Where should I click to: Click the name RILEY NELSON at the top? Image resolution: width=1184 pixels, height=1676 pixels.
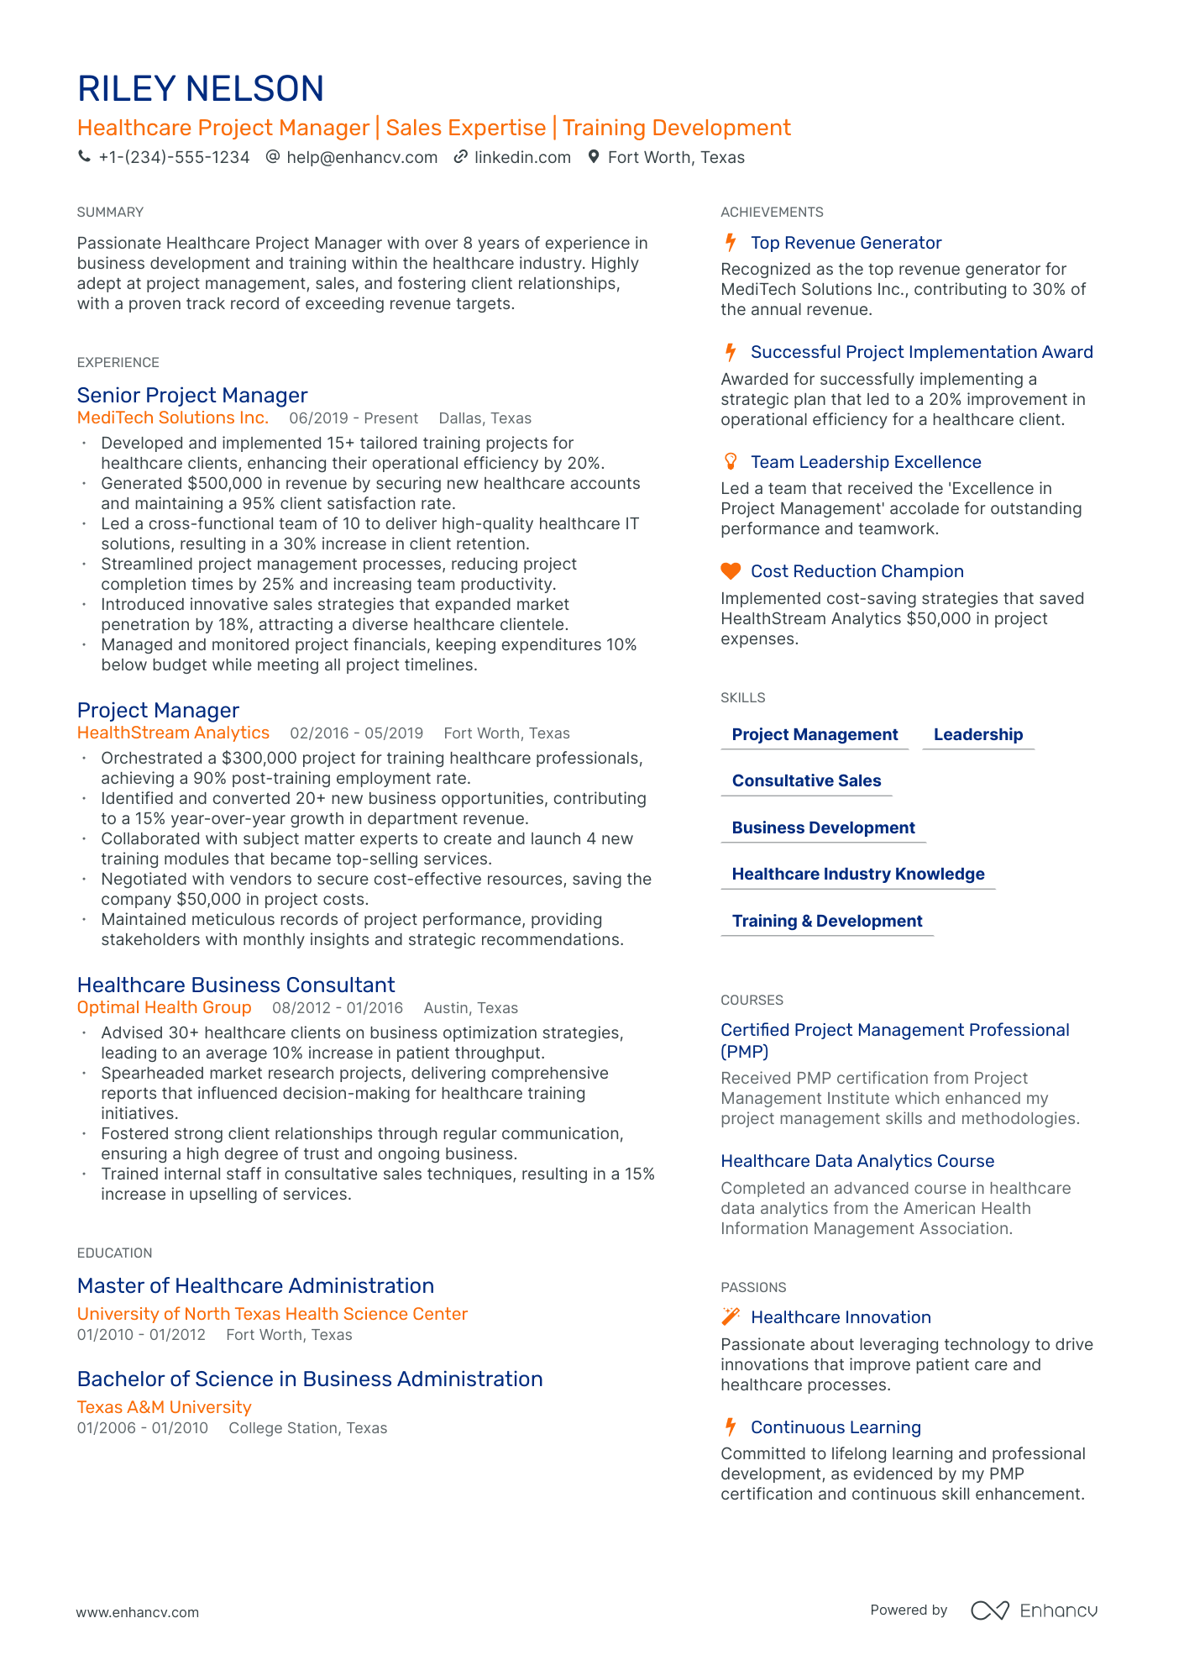(x=201, y=89)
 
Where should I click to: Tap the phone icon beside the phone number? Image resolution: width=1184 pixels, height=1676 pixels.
(x=84, y=156)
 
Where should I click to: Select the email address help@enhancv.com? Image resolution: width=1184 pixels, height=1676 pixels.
(x=362, y=157)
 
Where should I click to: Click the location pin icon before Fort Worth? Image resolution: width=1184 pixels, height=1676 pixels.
(x=594, y=156)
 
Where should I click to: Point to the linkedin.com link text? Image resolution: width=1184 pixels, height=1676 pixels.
(x=522, y=157)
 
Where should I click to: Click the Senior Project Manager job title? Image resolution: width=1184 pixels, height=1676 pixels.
(x=192, y=395)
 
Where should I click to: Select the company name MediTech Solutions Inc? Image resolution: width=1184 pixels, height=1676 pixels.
(x=173, y=418)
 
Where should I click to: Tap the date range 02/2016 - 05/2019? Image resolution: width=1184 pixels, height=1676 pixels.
(x=357, y=733)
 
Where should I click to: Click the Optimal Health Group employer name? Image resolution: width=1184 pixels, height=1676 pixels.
(x=165, y=1007)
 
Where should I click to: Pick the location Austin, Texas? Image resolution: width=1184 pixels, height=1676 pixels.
(x=471, y=1008)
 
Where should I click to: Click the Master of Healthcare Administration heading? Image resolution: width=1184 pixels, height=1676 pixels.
(x=255, y=1285)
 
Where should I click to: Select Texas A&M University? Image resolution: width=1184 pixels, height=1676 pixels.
(x=165, y=1406)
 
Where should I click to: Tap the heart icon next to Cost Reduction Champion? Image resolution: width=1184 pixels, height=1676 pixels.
(x=731, y=571)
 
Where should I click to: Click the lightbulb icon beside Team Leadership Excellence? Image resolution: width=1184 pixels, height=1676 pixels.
(x=731, y=461)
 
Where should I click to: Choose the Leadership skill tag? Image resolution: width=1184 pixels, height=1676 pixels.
(x=978, y=734)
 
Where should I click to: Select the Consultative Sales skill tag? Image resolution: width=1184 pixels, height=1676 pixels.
(x=806, y=780)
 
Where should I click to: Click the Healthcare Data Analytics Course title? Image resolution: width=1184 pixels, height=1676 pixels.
(x=857, y=1161)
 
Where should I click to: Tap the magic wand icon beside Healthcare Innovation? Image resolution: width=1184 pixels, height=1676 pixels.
(x=731, y=1316)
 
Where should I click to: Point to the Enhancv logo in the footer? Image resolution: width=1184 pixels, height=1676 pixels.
(x=1034, y=1610)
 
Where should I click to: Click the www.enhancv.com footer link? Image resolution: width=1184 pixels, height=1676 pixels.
(x=138, y=1612)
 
